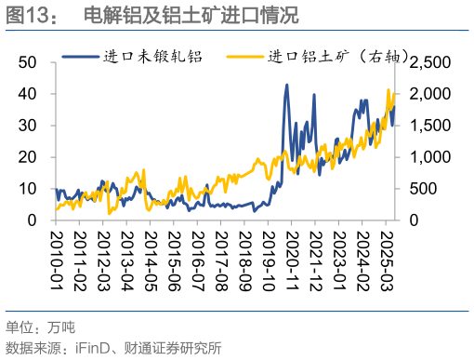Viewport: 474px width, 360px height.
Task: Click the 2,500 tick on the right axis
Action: (430, 62)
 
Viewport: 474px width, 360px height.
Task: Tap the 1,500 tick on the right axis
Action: (430, 126)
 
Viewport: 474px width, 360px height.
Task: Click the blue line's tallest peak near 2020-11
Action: (286, 86)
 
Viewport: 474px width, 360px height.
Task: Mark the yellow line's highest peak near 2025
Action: (388, 90)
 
